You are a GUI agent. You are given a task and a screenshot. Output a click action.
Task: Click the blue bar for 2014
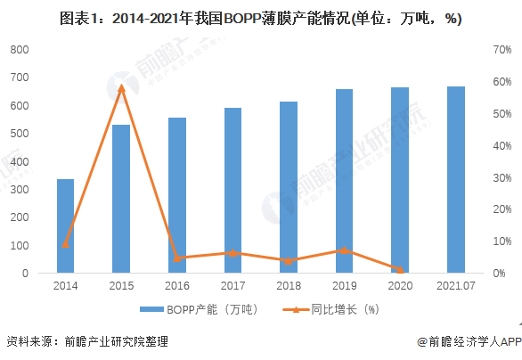pos(65,226)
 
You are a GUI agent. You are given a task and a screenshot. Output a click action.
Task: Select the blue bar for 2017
pos(232,191)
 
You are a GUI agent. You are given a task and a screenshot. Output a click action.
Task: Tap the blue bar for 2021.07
pos(456,180)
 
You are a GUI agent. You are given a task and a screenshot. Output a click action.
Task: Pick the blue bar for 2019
pos(344,181)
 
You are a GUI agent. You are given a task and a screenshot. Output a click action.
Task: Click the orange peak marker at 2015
pos(121,88)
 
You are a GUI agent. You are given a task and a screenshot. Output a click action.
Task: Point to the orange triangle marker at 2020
pos(400,269)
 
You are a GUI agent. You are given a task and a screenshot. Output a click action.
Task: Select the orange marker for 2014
pos(65,244)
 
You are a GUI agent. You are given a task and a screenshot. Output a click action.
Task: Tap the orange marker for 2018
pos(289,261)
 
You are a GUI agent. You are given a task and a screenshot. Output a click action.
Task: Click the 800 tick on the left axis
pos(20,50)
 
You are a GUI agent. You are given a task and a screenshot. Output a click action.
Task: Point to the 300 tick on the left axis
pos(20,190)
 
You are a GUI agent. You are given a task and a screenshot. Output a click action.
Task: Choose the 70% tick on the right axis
pos(502,50)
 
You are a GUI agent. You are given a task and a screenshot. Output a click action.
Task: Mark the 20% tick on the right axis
pos(502,209)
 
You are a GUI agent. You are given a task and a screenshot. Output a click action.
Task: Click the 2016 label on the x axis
pos(177,286)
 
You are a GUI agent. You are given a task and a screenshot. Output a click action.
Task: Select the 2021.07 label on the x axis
pos(456,286)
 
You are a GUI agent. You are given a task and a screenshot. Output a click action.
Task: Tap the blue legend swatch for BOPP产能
pos(151,310)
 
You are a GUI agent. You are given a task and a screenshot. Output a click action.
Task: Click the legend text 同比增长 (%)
pos(346,310)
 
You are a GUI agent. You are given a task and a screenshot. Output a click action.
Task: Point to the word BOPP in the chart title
pos(241,19)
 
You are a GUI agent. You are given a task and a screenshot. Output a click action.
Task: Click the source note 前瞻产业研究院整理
pos(116,341)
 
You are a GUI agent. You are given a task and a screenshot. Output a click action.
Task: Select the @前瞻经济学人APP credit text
pos(469,341)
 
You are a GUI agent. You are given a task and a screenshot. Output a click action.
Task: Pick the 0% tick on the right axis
pos(499,274)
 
